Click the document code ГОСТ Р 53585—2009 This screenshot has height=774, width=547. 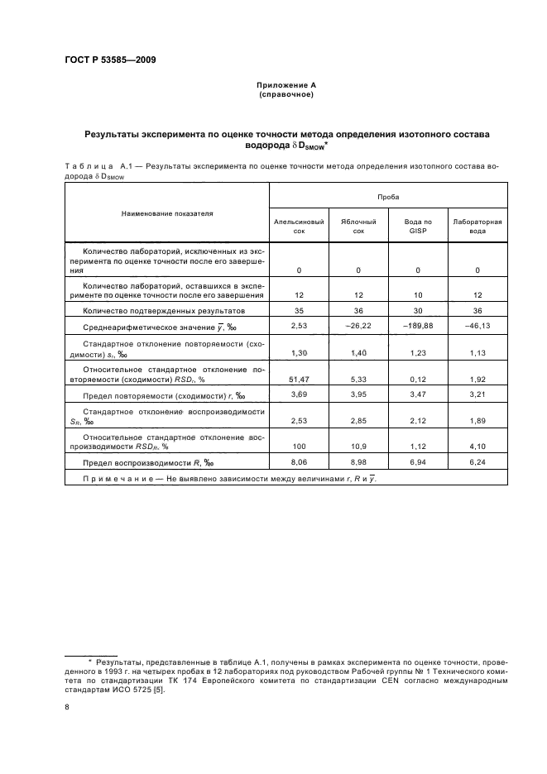[110, 60]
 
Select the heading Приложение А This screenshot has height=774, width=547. [285, 85]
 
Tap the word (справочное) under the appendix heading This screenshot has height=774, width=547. [285, 94]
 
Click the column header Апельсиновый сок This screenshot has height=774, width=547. [299, 227]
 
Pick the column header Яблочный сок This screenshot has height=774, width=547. [358, 227]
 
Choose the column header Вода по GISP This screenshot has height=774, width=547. [418, 227]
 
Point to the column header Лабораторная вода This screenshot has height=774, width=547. [477, 227]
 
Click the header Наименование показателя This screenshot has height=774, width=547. [167, 213]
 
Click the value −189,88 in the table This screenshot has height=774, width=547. [418, 326]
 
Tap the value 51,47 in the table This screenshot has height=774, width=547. [299, 378]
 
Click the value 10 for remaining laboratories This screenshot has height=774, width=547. [418, 294]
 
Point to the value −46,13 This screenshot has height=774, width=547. [477, 326]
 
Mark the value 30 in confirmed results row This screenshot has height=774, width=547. [418, 310]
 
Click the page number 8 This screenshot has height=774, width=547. [68, 707]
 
